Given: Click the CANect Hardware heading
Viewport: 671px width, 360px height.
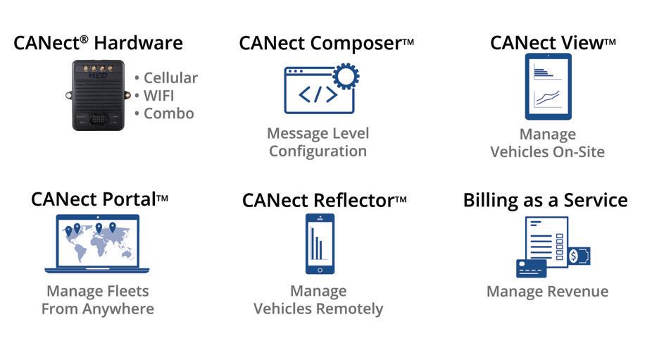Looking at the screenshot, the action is [x=98, y=43].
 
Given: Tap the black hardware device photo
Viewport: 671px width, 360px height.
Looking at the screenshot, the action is [x=97, y=95].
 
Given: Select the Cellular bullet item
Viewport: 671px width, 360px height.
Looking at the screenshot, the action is [x=170, y=77].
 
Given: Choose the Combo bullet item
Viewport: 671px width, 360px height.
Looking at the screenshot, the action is [x=168, y=113].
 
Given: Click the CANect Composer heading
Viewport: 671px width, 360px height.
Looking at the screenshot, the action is [x=320, y=43].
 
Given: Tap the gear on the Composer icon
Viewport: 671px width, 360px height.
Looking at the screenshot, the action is [x=345, y=75].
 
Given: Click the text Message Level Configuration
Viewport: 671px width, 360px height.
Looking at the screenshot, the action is [x=318, y=142].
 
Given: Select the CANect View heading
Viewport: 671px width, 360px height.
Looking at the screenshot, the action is [x=547, y=43].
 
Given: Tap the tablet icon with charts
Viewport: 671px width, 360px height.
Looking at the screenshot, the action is [x=548, y=87].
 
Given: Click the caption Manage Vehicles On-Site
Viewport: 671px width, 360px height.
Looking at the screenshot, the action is [x=547, y=143].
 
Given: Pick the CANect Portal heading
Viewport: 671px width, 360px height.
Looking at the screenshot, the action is [x=94, y=199].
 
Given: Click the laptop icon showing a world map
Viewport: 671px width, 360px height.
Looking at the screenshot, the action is [x=97, y=243].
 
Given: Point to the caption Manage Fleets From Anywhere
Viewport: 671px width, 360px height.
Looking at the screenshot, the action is [x=97, y=299].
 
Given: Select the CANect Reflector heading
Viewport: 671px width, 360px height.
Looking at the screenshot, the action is [x=318, y=200].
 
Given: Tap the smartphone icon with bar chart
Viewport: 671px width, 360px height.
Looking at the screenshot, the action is [x=320, y=243].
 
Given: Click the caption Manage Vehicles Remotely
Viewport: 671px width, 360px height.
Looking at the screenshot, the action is [x=318, y=299].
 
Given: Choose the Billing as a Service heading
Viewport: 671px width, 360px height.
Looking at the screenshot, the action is [x=545, y=200].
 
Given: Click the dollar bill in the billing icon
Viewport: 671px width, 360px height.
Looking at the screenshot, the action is [x=579, y=256].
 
